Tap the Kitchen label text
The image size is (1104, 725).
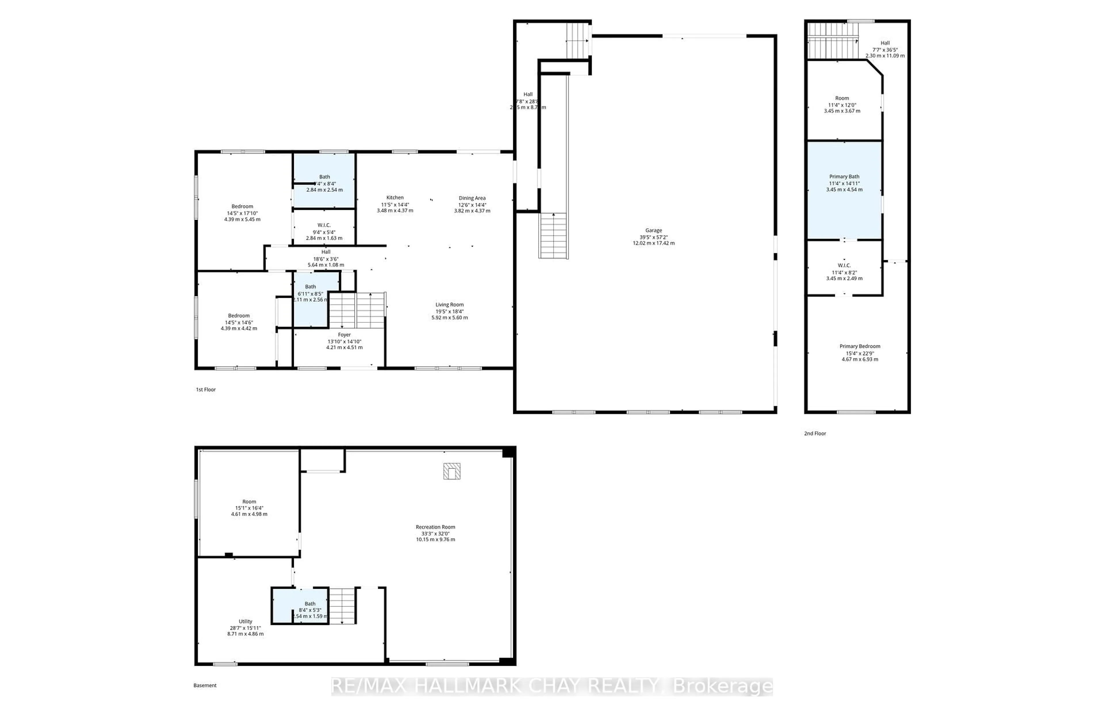coord(395,197)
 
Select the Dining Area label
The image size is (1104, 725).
coord(472,198)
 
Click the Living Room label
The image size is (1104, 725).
coord(449,305)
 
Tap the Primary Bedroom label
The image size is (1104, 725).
coord(860,346)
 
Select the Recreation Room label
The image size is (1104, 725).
coord(435,527)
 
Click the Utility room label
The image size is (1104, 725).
coord(246,622)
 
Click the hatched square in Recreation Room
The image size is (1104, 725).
coord(451,471)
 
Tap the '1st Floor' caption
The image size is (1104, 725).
coord(206,390)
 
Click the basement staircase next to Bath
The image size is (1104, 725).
coord(342,605)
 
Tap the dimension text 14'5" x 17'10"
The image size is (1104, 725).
coord(242,213)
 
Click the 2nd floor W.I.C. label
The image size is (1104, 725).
coord(844,265)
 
